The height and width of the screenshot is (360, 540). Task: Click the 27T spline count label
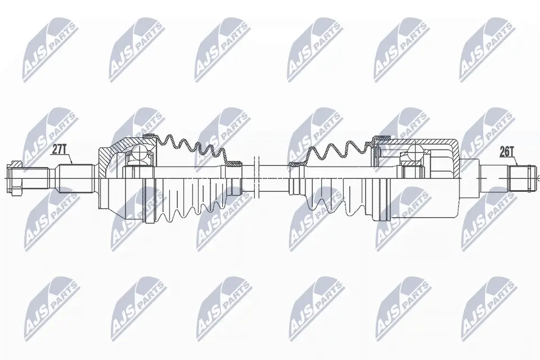[59, 150]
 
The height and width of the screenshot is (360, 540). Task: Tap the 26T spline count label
[507, 151]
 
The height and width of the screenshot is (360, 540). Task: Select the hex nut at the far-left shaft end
[15, 178]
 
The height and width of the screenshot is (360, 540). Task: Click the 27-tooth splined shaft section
[76, 178]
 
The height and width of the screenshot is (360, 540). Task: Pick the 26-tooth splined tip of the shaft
[523, 178]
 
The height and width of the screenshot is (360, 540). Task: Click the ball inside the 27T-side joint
[139, 151]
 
